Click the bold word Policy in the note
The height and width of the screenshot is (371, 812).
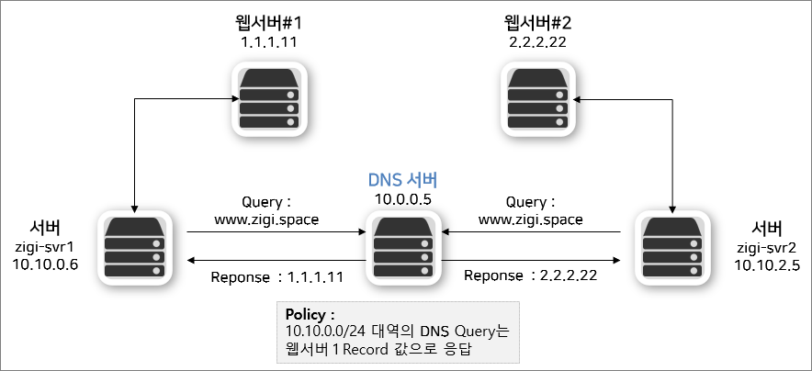[x=305, y=313]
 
